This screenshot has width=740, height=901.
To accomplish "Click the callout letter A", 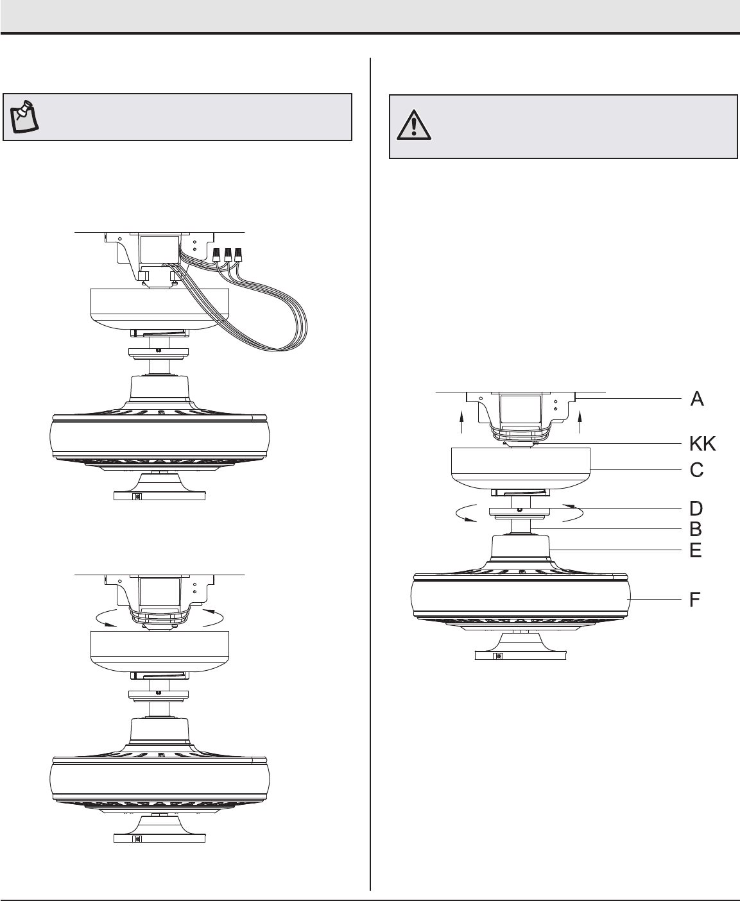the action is [697, 399].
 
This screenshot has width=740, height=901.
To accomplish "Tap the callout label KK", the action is [702, 444].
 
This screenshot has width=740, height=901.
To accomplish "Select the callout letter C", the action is [696, 470].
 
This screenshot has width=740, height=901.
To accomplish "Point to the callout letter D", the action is [696, 509].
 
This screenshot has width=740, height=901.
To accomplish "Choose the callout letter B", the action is [696, 529].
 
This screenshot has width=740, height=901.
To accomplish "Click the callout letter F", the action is [694, 600].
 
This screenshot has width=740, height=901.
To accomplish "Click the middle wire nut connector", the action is [228, 255].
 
